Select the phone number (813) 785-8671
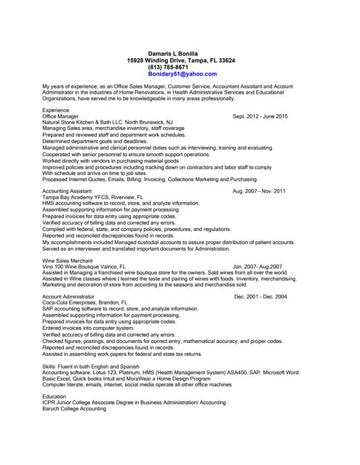167,68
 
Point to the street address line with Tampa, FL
180,60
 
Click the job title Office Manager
60,116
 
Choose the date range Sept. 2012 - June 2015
260,116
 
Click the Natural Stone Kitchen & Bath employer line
108,122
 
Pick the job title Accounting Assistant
67,191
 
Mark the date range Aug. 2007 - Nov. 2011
259,191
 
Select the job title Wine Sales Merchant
68,260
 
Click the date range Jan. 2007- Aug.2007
257,267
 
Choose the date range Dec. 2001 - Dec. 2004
260,296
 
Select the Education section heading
55,397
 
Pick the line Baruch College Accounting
74,409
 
